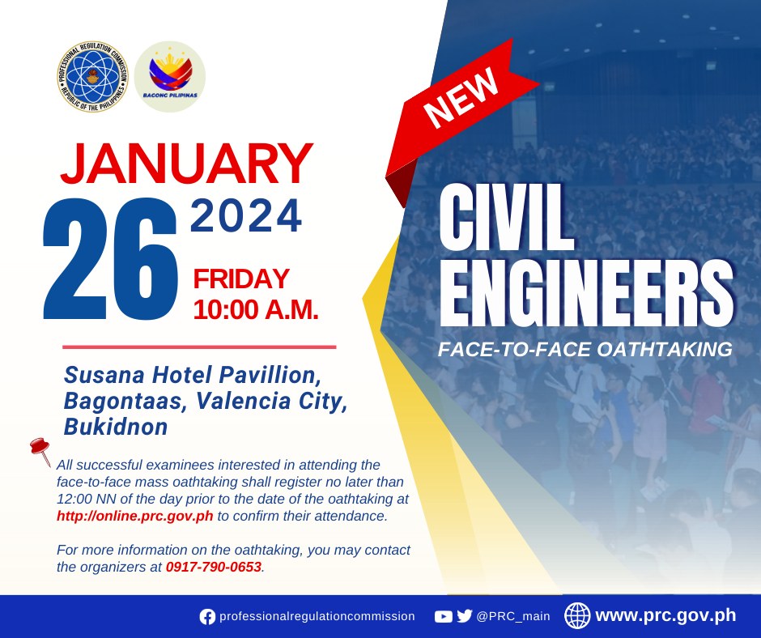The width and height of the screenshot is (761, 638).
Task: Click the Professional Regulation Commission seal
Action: (92, 76)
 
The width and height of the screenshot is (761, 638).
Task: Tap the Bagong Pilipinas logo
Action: (170, 76)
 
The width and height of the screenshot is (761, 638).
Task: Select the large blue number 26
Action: (110, 259)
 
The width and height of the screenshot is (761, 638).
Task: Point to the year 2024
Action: (246, 215)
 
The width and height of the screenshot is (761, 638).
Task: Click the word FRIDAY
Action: (241, 279)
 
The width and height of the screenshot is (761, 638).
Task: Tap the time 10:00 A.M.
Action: (256, 309)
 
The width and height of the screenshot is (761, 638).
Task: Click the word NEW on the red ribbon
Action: (461, 97)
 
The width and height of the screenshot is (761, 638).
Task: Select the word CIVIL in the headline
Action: (507, 217)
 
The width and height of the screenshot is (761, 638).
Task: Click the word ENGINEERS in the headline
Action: (586, 293)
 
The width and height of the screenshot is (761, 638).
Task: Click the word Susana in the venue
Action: (104, 375)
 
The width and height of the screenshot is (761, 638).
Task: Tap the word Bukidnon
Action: (116, 427)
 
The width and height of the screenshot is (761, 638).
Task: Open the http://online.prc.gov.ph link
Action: (135, 516)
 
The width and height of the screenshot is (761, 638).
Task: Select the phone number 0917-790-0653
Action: (214, 567)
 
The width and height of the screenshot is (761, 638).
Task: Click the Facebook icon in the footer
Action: (207, 617)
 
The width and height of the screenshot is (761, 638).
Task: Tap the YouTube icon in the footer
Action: (443, 617)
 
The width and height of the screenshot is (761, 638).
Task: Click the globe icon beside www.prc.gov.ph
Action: (577, 615)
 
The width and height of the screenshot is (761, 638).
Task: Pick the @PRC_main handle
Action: (513, 616)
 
